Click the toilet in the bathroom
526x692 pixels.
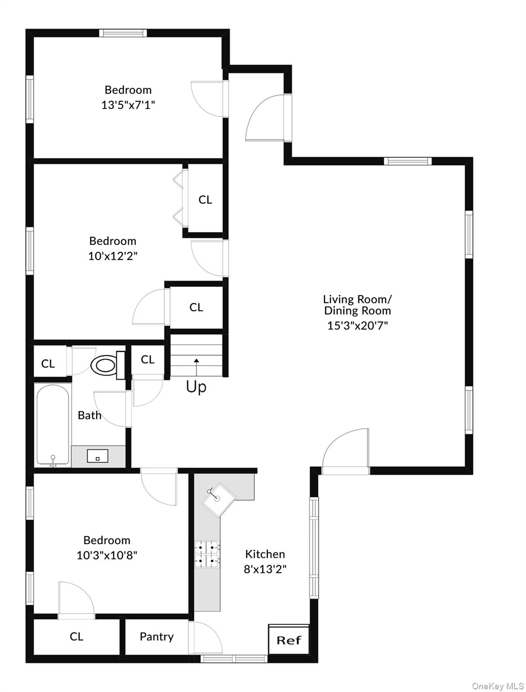108,365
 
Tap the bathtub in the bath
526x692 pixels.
53,426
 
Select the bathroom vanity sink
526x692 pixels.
98,456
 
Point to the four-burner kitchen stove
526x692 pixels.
207,554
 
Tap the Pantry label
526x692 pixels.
157,637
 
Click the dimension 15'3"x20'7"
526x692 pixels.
358,325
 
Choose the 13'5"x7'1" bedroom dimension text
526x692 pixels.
128,105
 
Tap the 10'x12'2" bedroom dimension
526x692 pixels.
112,256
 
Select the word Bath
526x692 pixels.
90,415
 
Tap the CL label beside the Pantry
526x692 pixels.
76,637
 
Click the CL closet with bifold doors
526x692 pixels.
205,199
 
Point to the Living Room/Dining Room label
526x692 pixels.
358,305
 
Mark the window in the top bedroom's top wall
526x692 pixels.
123,33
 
